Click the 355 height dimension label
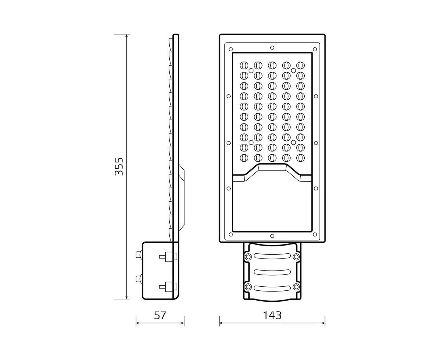coord(119,166)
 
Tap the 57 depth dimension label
coord(160,316)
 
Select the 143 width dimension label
coord(272,316)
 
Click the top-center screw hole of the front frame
coord(272,48)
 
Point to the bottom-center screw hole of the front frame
coord(272,236)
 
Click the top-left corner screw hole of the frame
coord(231,49)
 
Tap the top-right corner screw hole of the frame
coord(315,49)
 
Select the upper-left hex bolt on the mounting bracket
coord(248,257)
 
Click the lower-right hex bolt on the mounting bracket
coord(296,287)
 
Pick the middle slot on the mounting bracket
coord(272,272)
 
